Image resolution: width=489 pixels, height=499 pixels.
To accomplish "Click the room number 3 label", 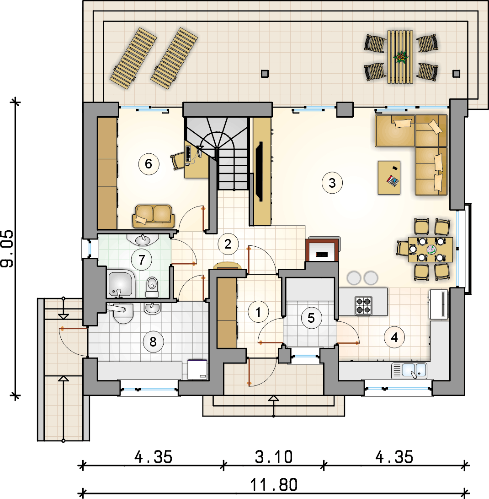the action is click(332, 183).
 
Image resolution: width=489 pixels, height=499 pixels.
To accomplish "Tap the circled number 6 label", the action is click(149, 164).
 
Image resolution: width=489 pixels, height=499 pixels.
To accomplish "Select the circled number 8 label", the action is click(153, 342).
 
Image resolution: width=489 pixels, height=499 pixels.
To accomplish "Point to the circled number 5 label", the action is click(311, 318).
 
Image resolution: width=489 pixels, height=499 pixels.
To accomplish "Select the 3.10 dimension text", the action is click(274, 457).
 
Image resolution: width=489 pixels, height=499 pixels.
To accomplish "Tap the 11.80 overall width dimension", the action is click(274, 485).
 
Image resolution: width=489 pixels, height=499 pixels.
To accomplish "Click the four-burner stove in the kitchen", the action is click(363, 306).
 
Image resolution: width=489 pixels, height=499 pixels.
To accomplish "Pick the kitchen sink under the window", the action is click(409, 370).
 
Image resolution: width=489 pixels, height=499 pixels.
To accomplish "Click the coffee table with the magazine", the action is click(389, 178).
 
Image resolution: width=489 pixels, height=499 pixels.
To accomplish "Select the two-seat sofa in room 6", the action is click(154, 216).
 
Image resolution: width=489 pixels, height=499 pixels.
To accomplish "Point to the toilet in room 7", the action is click(152, 287).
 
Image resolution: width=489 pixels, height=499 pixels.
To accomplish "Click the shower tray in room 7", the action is click(121, 283).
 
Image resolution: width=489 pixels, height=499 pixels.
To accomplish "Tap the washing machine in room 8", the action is click(197, 369).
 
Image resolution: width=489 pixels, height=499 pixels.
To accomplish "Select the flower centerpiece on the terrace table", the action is click(401, 57).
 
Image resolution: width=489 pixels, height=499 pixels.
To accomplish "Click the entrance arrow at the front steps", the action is click(274, 406).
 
